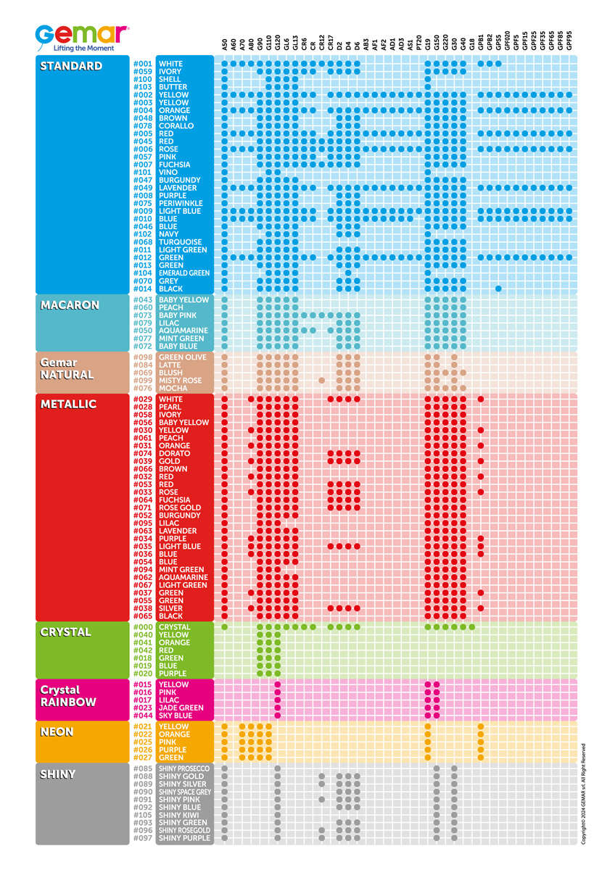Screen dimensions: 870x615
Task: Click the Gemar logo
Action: point(82,35)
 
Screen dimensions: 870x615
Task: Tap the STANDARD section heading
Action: point(71,67)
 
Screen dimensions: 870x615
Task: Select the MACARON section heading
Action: point(70,305)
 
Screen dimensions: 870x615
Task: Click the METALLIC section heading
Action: point(69,405)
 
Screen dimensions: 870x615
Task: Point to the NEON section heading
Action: point(57,732)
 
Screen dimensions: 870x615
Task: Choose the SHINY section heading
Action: point(57,774)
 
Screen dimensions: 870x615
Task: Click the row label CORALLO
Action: point(176,126)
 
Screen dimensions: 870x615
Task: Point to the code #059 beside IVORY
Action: point(142,72)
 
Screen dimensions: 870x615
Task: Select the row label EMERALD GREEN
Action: point(184,273)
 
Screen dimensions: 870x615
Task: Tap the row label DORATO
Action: point(174,454)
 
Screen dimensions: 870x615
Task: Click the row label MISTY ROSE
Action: point(180,381)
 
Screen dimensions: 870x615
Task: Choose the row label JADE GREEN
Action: point(180,708)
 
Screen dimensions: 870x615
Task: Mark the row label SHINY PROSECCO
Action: point(184,768)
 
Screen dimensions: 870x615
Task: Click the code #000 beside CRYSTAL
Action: point(142,627)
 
